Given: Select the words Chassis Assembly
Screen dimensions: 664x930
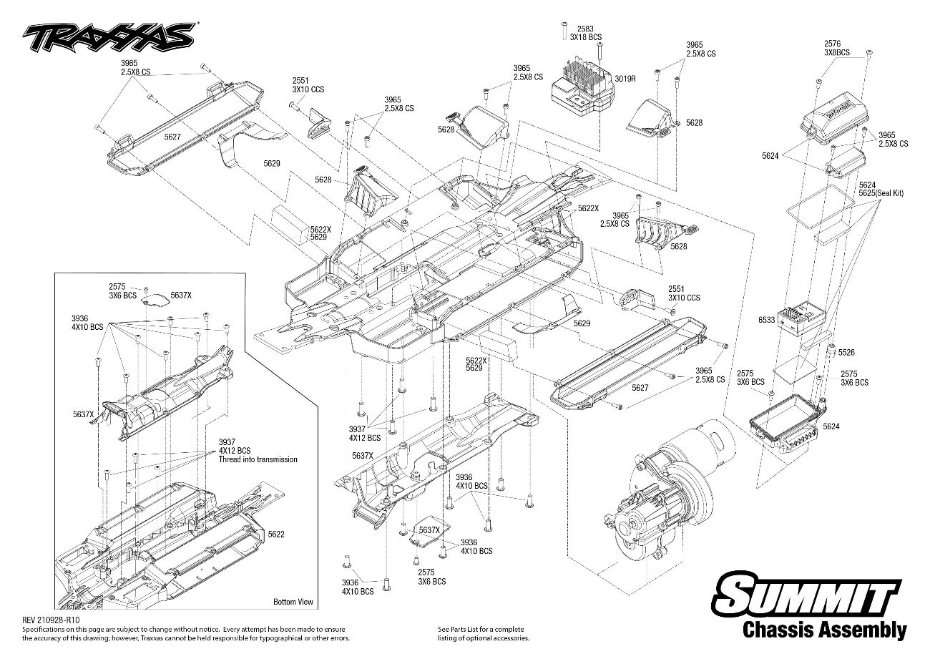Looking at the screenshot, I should tap(824, 630).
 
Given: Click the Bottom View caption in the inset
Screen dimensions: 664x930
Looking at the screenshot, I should tap(293, 602).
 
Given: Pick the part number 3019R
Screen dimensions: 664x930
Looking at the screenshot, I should tap(625, 79).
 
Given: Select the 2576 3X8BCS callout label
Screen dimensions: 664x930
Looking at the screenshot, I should tap(836, 47).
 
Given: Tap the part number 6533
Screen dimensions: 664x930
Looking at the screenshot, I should tap(766, 320).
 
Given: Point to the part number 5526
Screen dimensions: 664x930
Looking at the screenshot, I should tap(846, 352).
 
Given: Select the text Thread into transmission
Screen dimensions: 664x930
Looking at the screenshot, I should tap(258, 459).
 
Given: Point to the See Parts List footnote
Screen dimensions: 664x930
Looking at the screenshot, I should tap(483, 633).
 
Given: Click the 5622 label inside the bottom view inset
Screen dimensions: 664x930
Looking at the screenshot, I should tap(276, 534).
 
